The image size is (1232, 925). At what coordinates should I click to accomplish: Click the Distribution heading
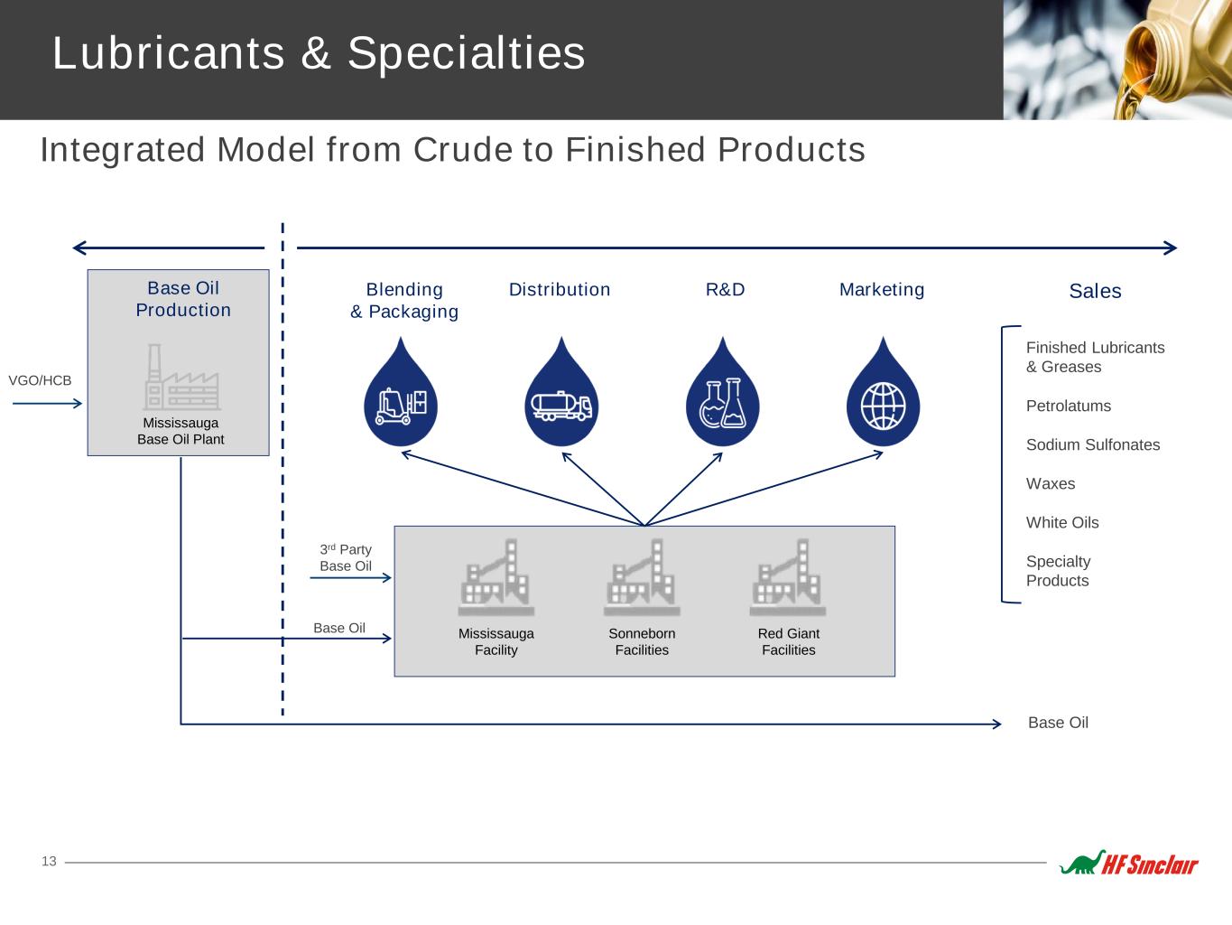tap(559, 289)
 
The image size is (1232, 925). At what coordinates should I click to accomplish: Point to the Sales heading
tap(1095, 291)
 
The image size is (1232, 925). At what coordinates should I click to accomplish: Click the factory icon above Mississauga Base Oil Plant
tap(181, 377)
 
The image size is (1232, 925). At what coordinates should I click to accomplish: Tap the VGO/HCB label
tap(40, 380)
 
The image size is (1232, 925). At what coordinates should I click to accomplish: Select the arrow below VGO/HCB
tap(47, 403)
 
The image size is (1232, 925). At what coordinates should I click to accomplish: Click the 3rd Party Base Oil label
tap(346, 557)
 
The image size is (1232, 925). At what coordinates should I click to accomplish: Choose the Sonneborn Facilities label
tap(642, 641)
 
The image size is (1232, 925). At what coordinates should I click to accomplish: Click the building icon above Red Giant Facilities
tap(787, 577)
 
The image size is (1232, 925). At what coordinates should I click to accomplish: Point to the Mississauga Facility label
tap(496, 641)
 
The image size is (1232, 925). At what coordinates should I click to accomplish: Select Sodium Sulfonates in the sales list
tap(1093, 444)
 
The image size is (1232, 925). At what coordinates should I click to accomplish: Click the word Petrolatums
tap(1068, 406)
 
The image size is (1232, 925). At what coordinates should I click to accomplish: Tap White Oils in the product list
tap(1062, 522)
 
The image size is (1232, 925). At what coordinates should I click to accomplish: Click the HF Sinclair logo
tap(1129, 864)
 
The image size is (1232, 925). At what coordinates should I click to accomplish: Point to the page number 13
tap(49, 861)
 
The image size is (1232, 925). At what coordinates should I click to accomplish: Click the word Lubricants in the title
tap(169, 52)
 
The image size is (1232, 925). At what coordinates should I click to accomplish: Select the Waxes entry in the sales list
tap(1051, 483)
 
